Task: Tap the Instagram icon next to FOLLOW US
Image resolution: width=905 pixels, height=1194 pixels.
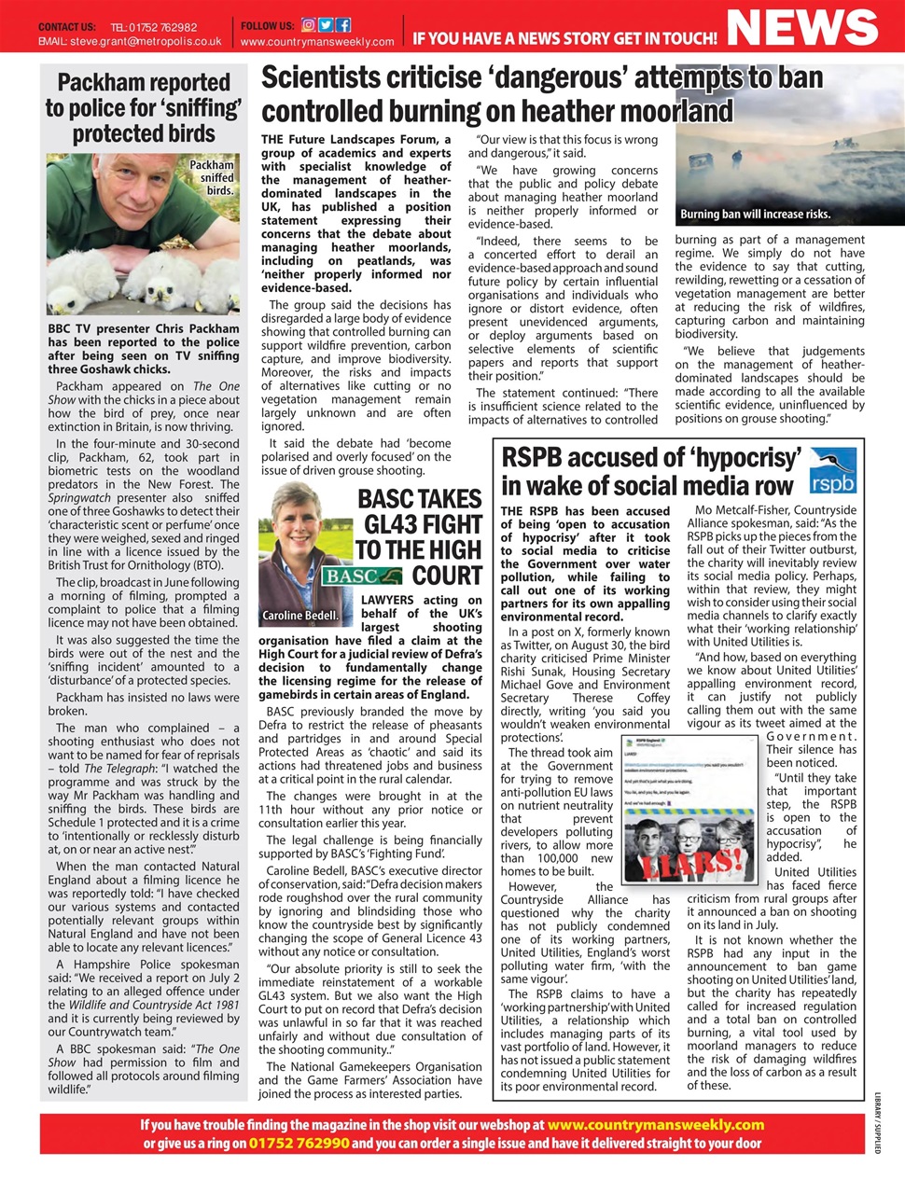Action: tap(309, 25)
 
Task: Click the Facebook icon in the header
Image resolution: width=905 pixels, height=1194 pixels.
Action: tap(342, 25)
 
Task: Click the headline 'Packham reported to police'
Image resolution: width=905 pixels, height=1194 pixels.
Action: tap(144, 107)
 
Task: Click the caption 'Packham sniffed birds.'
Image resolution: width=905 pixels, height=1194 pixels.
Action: tap(212, 177)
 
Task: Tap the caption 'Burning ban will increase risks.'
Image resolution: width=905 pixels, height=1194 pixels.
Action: tap(755, 215)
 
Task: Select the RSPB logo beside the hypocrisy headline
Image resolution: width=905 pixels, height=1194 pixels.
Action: tap(832, 471)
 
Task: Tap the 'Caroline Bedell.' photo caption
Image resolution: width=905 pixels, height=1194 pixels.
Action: tap(299, 616)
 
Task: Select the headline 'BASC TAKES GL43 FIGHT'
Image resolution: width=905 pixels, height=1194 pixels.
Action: tap(419, 536)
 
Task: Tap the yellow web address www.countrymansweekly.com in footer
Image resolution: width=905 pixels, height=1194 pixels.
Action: tap(655, 1125)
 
